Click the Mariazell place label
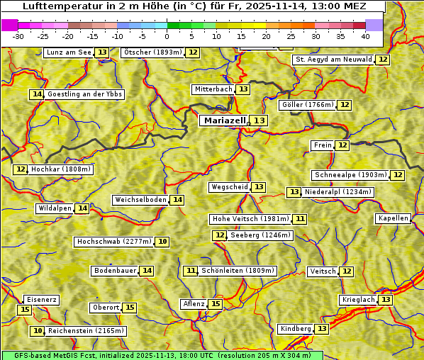(224, 120)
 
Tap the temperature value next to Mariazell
(260, 120)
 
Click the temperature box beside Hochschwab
(163, 242)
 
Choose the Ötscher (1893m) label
(152, 52)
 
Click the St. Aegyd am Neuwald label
(333, 60)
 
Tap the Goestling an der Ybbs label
(84, 94)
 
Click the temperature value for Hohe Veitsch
(301, 219)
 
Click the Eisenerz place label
(40, 300)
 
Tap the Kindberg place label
(296, 329)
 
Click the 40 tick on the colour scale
(365, 36)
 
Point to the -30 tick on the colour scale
(18, 36)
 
